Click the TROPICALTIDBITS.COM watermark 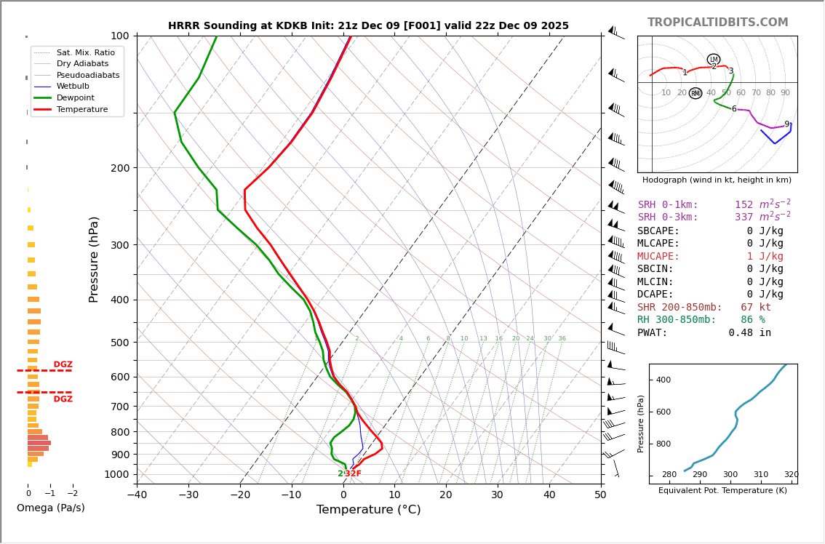tap(717, 23)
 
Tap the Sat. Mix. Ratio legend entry tap(86, 53)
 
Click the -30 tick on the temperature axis tap(188, 495)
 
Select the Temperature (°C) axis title tap(368, 510)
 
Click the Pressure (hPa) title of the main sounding tap(95, 259)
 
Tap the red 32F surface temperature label tap(353, 474)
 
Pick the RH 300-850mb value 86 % tap(748, 320)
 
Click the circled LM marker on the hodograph tap(713, 60)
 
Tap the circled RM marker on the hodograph tap(696, 93)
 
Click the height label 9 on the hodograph tap(786, 124)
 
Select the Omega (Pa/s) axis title tap(50, 508)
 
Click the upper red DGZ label tap(63, 365)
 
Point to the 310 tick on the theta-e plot tap(760, 475)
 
